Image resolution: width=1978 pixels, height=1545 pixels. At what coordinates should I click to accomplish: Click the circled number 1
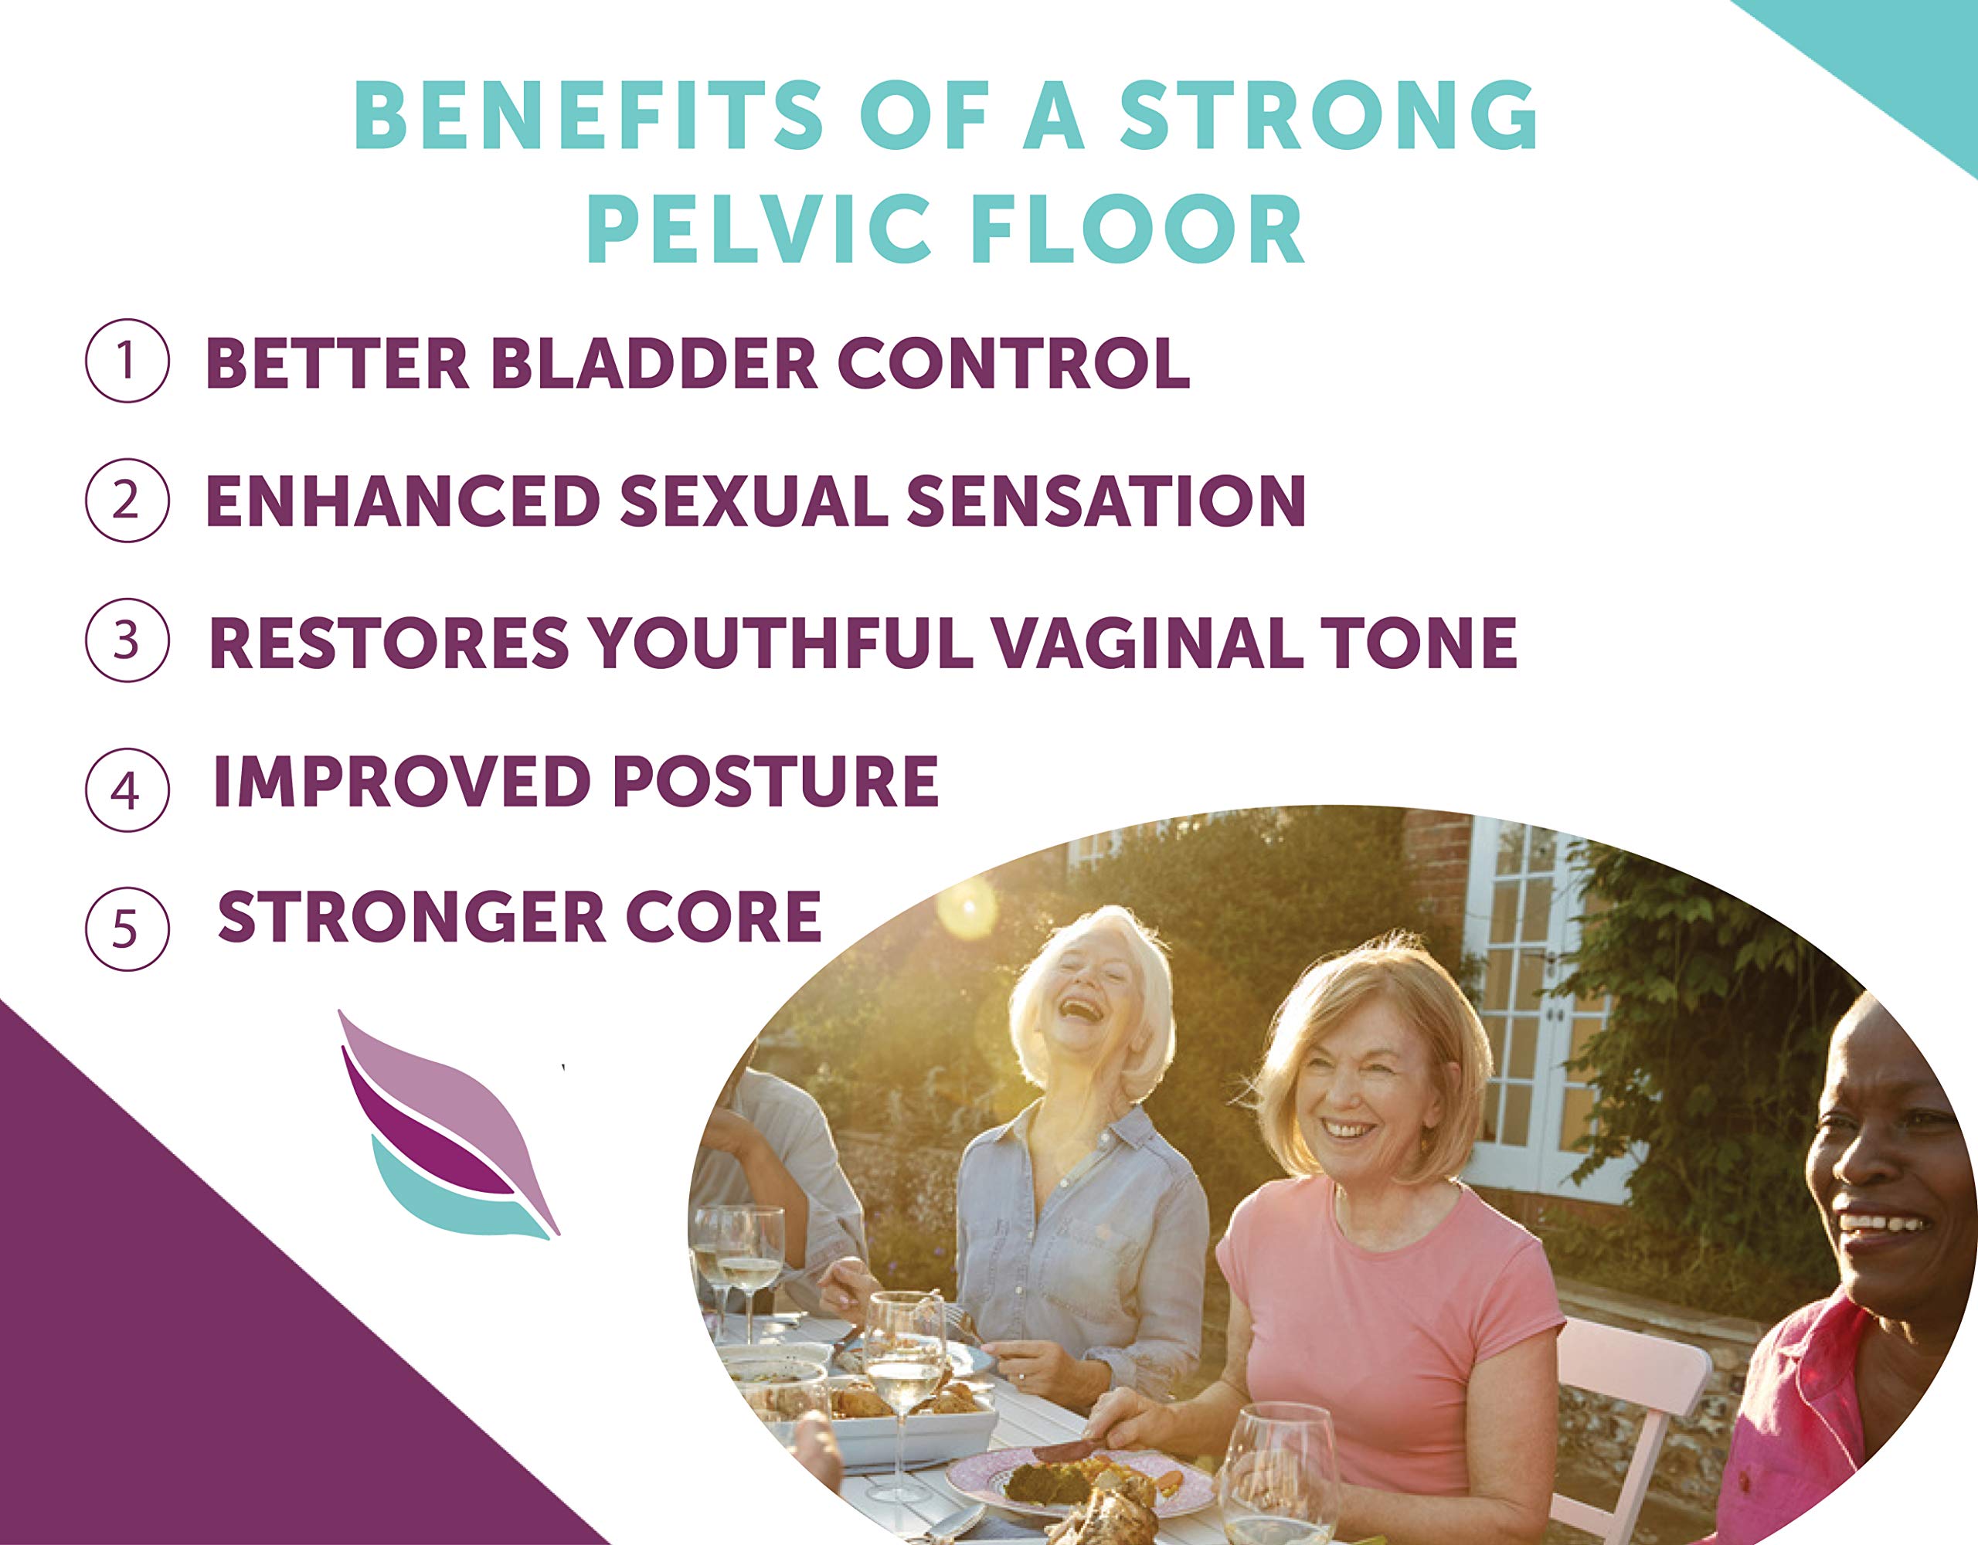[x=127, y=361]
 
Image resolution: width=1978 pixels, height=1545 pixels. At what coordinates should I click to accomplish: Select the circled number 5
[x=127, y=929]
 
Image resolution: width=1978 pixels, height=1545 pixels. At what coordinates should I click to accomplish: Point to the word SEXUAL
[x=753, y=501]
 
